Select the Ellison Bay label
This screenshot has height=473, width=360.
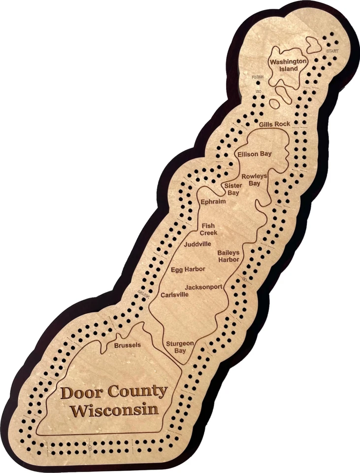[x=254, y=154]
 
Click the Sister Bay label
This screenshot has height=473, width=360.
[x=232, y=189]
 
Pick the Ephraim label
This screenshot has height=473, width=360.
[x=213, y=202]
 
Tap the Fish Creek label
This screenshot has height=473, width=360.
[x=208, y=229]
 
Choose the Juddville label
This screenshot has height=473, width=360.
[x=197, y=244]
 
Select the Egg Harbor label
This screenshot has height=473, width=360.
[x=188, y=269]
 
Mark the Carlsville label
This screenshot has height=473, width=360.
[x=175, y=295]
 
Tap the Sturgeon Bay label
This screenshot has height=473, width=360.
[x=179, y=347]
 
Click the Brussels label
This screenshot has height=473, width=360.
[x=127, y=345]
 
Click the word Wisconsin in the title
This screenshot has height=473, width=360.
[x=114, y=409]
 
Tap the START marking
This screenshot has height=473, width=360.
[x=332, y=51]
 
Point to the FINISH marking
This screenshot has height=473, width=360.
[x=258, y=77]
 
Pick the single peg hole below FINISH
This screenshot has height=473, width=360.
[x=258, y=83]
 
